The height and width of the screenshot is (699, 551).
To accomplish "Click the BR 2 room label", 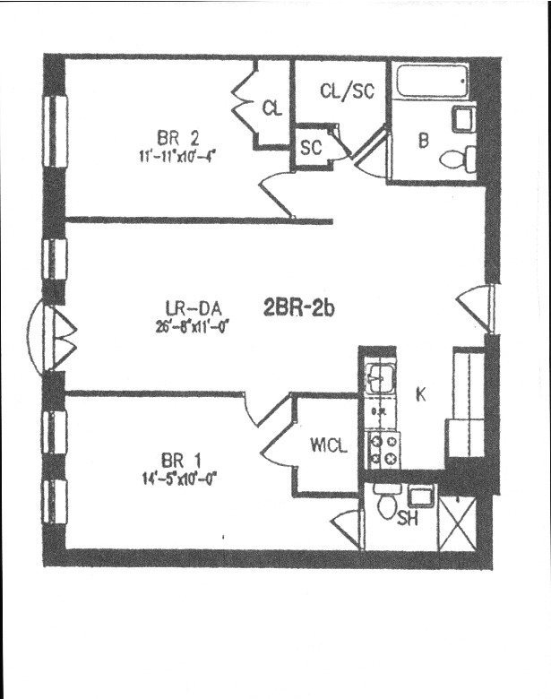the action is pyautogui.click(x=177, y=138).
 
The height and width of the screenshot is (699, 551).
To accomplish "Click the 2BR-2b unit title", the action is pyautogui.click(x=298, y=309).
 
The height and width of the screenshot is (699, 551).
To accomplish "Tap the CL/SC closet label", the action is pyautogui.click(x=346, y=90).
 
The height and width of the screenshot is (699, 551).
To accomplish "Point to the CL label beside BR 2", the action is pyautogui.click(x=272, y=108).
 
